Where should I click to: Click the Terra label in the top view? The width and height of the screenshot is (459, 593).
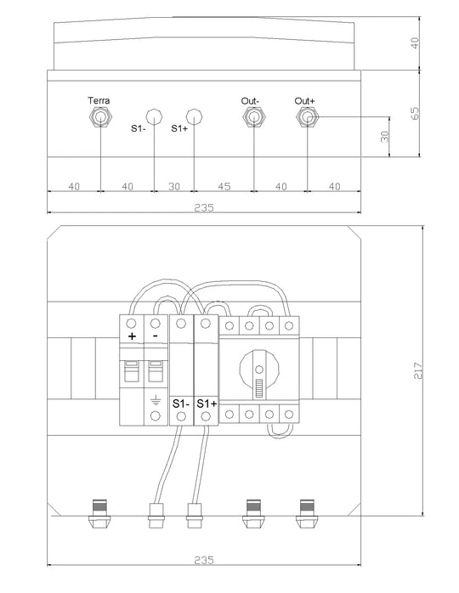pos(99,100)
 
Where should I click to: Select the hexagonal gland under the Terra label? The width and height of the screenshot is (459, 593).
pos(100,117)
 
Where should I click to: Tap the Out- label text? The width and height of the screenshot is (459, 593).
pos(250,101)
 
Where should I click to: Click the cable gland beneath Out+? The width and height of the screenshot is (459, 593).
pos(307,117)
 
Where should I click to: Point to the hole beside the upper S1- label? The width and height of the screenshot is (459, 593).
pos(154,116)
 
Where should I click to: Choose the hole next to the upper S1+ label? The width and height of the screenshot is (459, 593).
pos(194,116)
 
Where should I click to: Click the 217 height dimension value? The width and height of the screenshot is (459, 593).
pos(417,370)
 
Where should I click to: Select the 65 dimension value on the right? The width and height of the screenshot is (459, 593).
pos(415,114)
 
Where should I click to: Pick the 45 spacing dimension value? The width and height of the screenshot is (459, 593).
pos(224,186)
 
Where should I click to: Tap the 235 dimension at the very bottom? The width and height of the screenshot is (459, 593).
pos(204,560)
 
